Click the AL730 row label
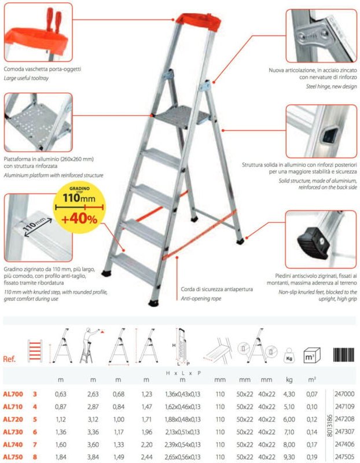tap(13, 432)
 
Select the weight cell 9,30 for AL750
tap(289, 457)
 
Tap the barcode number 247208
tap(344, 419)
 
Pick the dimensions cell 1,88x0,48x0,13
tap(182, 419)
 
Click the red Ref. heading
tap(9, 359)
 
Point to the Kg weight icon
tap(289, 355)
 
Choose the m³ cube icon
tap(312, 355)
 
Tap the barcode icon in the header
tap(343, 355)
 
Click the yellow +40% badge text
tap(79, 219)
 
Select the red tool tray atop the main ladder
tap(199, 22)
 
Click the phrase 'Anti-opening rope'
tap(201, 299)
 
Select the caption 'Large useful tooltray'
tap(26, 78)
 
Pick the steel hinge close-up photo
tap(321, 36)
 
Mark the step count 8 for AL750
tap(35, 457)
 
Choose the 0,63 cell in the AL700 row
tap(61, 394)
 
